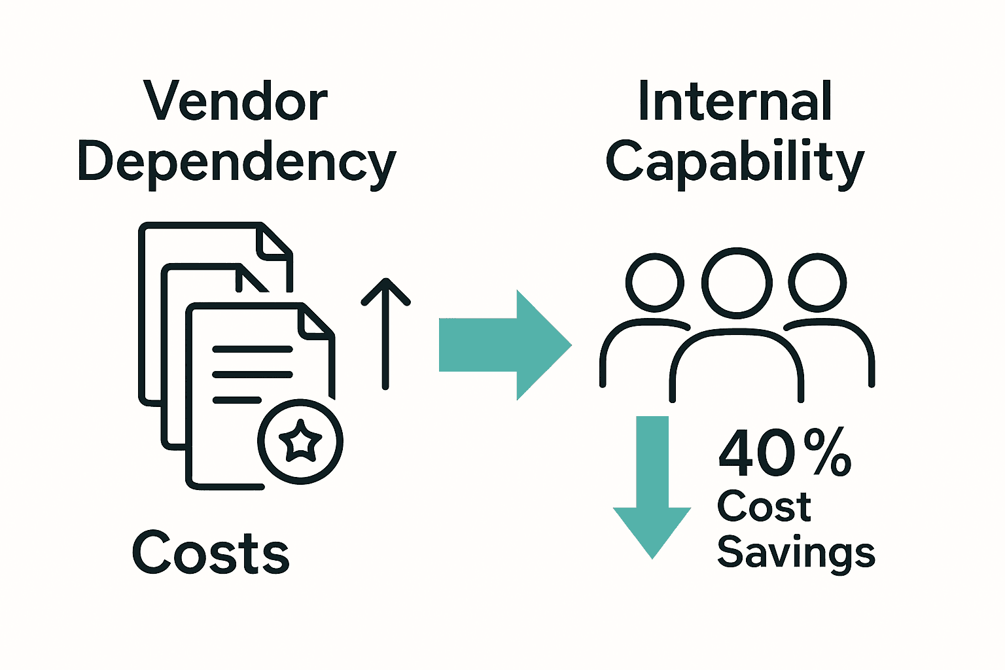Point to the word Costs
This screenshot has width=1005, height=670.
point(211,553)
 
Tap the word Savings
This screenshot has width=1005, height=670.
point(796,553)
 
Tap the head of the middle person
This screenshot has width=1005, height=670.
point(737,282)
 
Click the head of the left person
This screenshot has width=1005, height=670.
point(654,283)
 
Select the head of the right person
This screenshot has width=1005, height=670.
point(817,283)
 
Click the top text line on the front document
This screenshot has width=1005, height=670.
point(253,349)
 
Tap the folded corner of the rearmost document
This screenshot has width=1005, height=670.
point(272,240)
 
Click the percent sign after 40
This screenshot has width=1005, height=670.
point(827,453)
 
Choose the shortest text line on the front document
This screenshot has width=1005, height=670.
point(237,400)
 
